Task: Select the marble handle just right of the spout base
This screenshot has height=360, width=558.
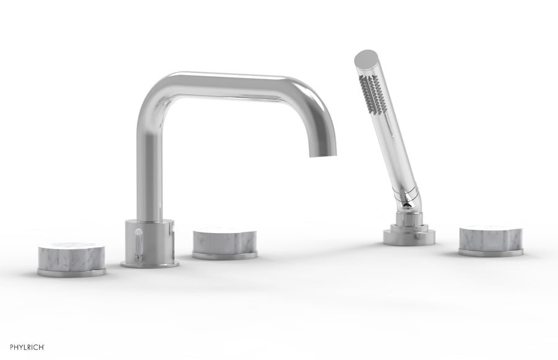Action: (x=224, y=240)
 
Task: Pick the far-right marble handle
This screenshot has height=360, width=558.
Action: (x=490, y=237)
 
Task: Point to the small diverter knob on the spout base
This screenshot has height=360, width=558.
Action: (x=138, y=242)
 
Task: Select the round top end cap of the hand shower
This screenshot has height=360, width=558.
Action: (x=366, y=59)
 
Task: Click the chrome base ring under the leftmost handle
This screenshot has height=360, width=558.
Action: (x=71, y=271)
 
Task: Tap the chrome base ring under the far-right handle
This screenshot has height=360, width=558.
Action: (x=490, y=253)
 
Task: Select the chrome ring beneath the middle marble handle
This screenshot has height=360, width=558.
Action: (x=224, y=255)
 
